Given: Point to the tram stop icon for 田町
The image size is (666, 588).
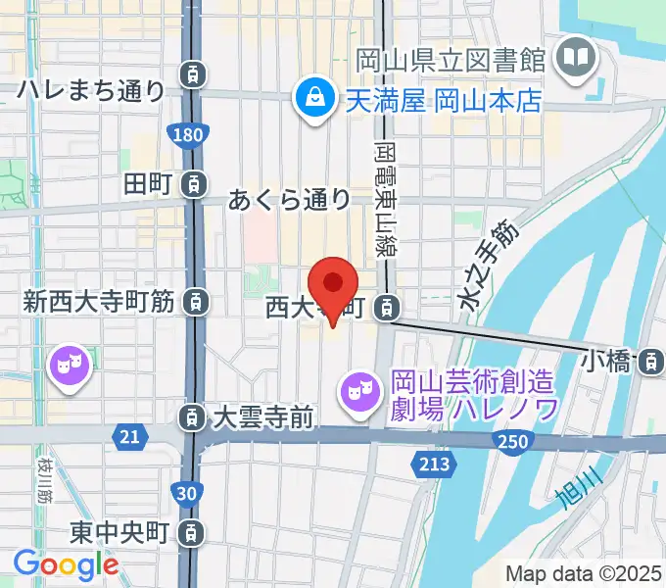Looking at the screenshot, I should (x=195, y=182).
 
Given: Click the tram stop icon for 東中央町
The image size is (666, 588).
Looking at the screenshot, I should (x=195, y=533).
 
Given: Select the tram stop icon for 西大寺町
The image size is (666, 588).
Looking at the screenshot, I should (x=389, y=309).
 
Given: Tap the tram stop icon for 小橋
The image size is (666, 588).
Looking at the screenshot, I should (x=648, y=363).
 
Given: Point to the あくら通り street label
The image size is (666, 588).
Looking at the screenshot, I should (x=289, y=201).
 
